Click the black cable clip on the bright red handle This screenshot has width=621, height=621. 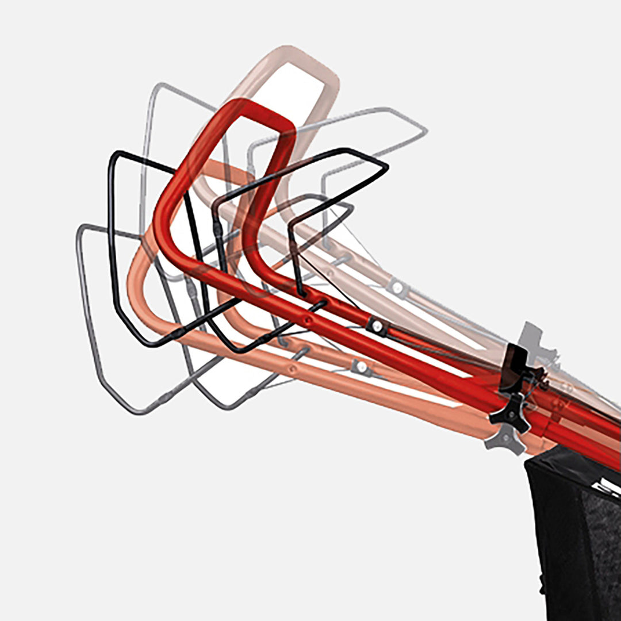pos(376,327)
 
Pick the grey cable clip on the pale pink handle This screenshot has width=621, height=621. pos(396,286)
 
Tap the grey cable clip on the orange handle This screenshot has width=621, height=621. pos(361,366)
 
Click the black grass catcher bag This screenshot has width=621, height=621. pos(575,535)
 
